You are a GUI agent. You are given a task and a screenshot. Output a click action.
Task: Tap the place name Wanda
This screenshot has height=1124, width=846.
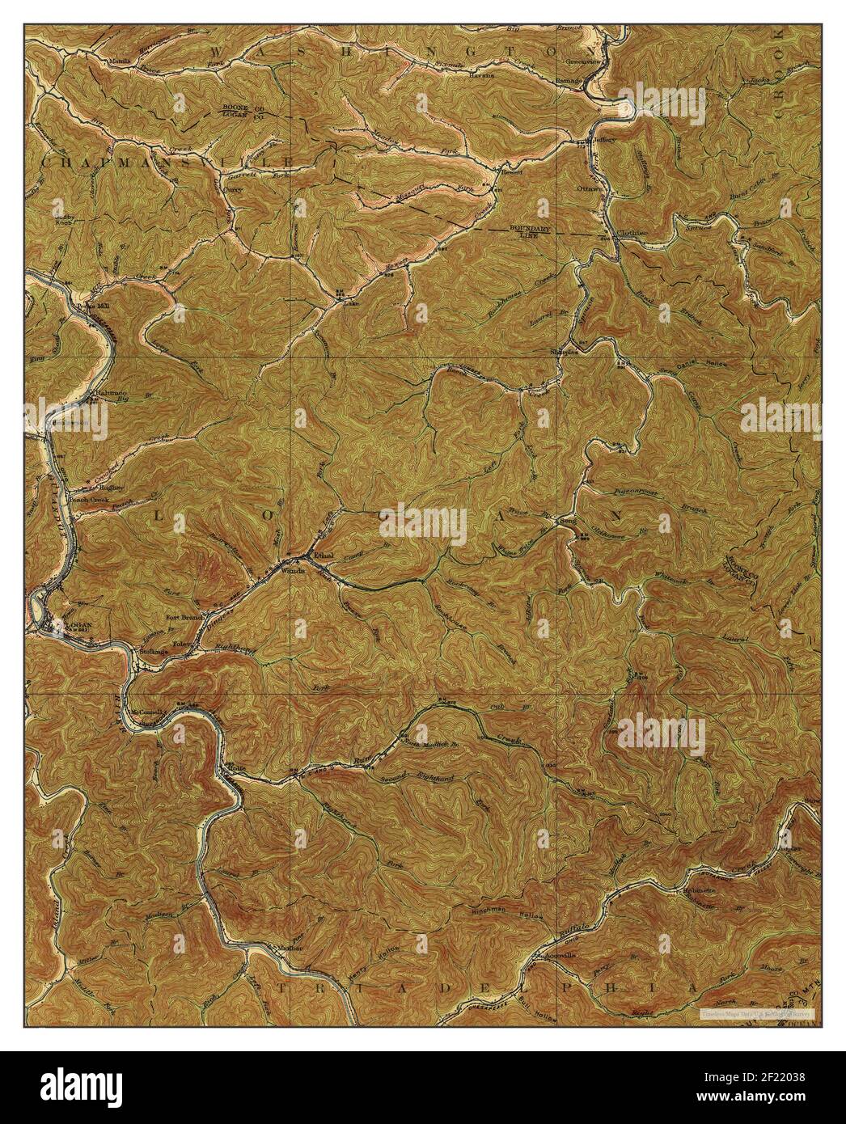click(x=292, y=570)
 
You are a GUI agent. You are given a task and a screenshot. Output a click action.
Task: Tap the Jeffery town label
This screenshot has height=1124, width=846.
click(x=605, y=140)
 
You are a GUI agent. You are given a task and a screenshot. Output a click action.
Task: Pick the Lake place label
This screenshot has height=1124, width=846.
click(x=350, y=305)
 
